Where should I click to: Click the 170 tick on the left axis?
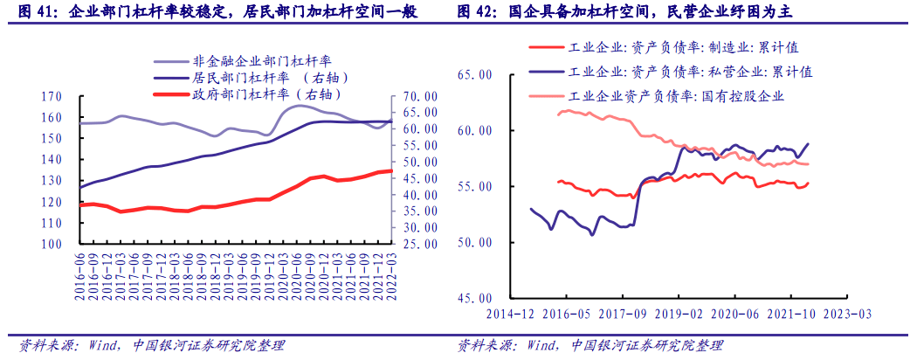[52, 96]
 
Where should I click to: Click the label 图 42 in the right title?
[479, 11]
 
